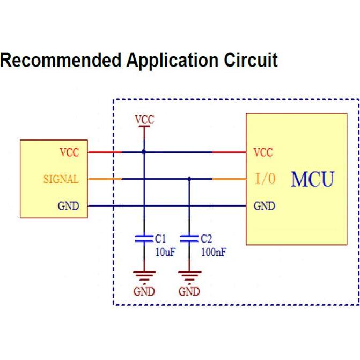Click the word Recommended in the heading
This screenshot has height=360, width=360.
coord(61,60)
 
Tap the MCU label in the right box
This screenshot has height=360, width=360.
coord(312,179)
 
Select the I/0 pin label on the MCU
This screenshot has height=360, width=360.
coord(265,179)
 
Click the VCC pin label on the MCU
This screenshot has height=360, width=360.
coord(263,152)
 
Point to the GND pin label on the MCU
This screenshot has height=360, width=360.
coord(264,206)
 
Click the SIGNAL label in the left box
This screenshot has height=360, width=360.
coord(61,179)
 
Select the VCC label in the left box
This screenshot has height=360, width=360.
coord(69,152)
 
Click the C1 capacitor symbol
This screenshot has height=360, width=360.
coord(144,239)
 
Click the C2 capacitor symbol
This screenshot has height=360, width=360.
coord(189,239)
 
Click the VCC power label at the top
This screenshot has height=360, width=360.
coord(144,120)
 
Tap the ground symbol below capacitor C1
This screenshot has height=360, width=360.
coord(144,276)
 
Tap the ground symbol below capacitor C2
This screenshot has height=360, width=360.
coord(189,276)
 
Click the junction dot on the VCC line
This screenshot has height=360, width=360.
coord(144,152)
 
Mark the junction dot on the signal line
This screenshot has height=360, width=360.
coord(189,179)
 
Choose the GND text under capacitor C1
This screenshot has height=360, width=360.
coord(144,292)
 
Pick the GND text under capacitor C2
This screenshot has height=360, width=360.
coord(189,292)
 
